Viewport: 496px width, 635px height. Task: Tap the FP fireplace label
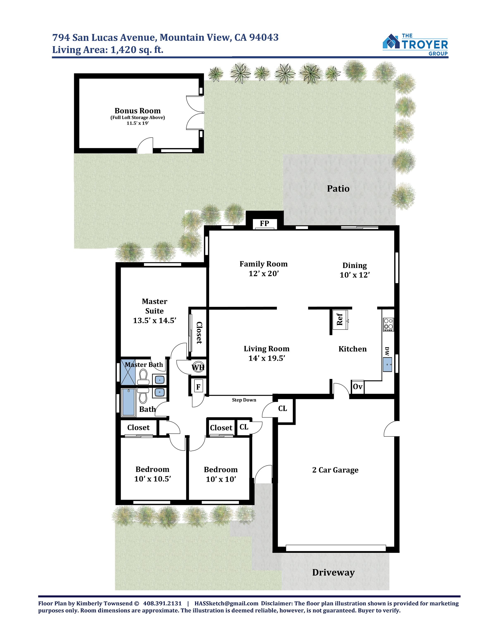(264, 223)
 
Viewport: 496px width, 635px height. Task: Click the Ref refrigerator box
(340, 319)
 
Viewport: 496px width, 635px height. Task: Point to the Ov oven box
(357, 387)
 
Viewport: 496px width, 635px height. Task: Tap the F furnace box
(198, 387)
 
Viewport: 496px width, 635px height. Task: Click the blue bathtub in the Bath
(129, 402)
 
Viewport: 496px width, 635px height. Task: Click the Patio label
(338, 189)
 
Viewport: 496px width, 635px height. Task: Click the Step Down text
(244, 400)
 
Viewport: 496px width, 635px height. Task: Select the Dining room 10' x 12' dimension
(355, 275)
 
